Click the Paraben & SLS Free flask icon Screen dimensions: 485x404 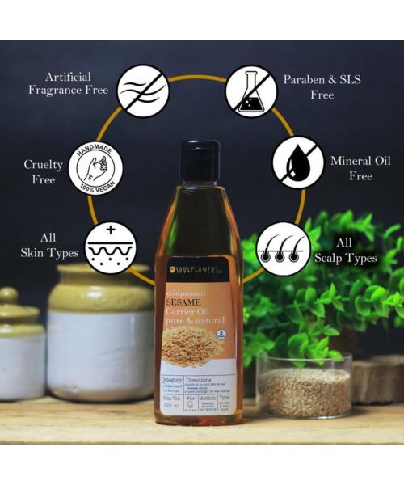click(250, 89)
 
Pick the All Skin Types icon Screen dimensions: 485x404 click(110, 247)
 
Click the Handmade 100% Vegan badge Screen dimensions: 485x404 click(95, 169)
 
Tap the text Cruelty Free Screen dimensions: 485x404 click(44, 172)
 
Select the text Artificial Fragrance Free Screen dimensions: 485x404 click(68, 82)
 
